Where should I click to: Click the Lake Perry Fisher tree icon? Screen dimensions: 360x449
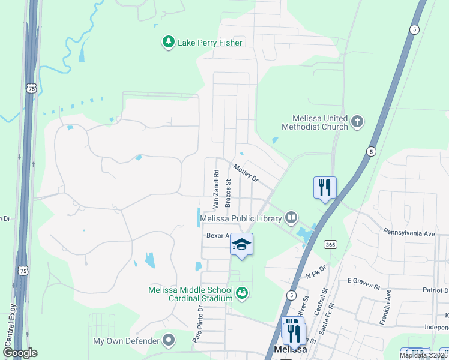tap(169, 42)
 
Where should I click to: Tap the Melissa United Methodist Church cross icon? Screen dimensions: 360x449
tap(357, 122)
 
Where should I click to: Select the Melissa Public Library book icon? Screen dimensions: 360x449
tap(291, 217)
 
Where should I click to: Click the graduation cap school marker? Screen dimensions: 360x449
tap(241, 244)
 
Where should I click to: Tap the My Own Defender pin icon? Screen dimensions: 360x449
tap(169, 341)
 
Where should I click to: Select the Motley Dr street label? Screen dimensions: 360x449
tap(245, 173)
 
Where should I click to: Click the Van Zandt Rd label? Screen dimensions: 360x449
tap(215, 188)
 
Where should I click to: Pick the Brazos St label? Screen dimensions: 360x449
tap(228, 191)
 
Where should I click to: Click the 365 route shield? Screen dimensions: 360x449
tap(330, 244)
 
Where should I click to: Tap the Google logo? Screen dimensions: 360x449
tap(20, 352)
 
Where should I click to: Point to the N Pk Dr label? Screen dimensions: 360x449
tap(315, 272)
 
